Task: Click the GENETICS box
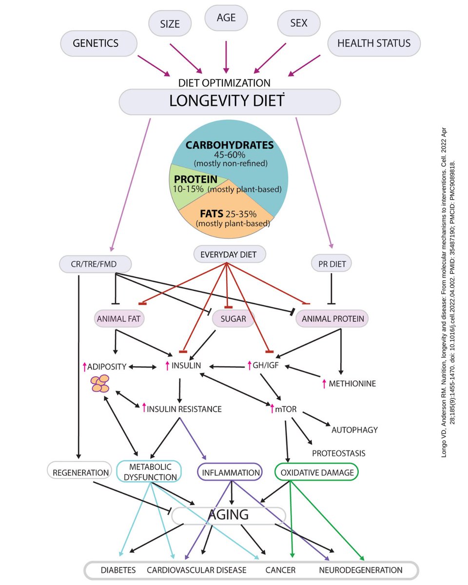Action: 96,43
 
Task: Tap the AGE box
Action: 226,18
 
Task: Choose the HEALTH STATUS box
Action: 374,43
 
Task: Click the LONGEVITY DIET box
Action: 230,101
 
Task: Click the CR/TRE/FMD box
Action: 95,264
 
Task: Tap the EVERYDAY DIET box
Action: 228,254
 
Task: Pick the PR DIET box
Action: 331,264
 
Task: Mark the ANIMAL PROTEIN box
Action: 332,319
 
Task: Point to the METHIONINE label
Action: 352,384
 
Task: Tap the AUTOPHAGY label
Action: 354,430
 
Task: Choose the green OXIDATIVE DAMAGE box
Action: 317,472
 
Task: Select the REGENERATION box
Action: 80,472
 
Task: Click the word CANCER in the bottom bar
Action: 278,569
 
